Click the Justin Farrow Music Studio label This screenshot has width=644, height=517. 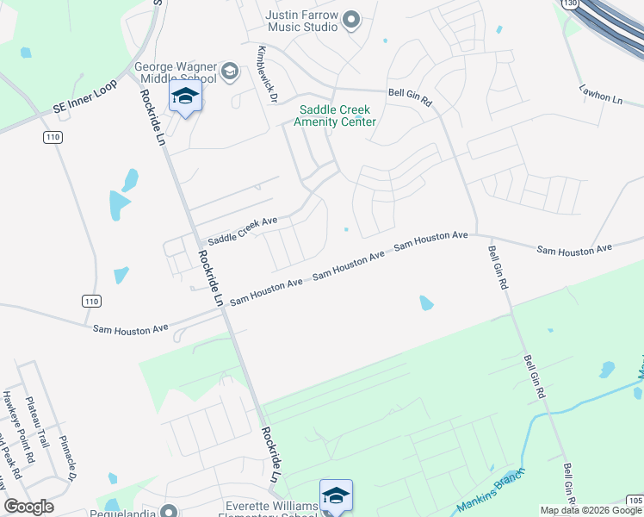300,22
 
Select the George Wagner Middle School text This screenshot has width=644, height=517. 175,73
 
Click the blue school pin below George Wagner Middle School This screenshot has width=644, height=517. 185,97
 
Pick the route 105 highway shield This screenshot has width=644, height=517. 634,501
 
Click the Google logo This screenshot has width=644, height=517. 28,507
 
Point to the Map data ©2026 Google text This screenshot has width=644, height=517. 591,510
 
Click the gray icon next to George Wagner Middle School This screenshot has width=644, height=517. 229,71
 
